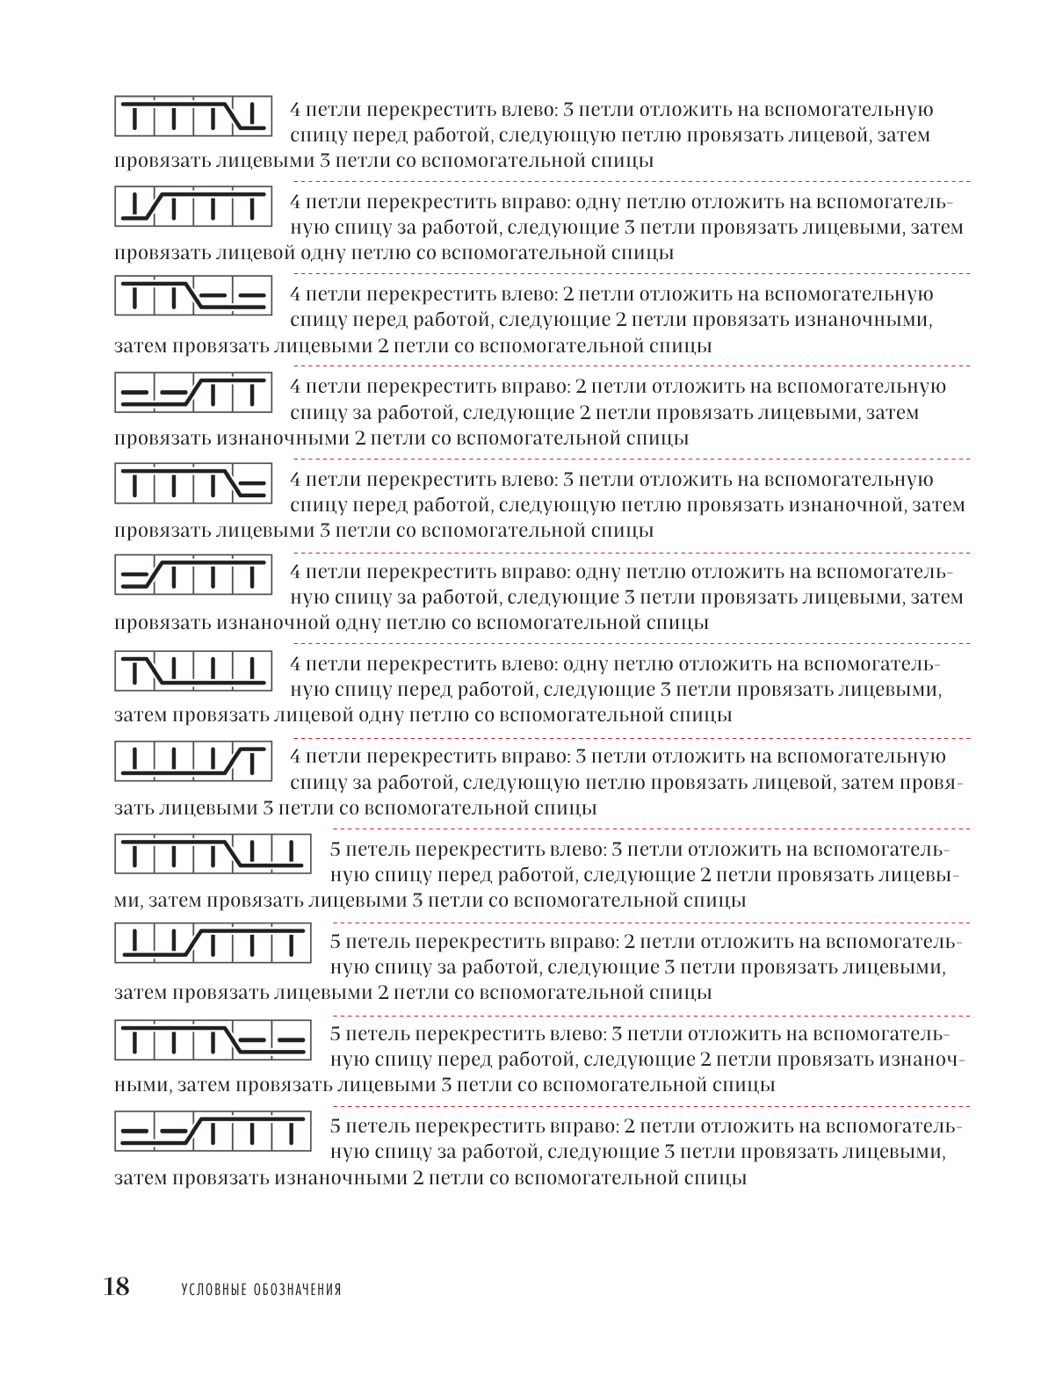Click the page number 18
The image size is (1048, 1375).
[x=116, y=1286]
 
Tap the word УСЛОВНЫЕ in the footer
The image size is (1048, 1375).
[x=212, y=1290]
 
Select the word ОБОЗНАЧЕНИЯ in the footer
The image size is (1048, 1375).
[x=298, y=1290]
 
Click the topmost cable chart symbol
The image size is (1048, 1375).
[x=192, y=115]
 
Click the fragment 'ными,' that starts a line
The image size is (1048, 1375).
[x=141, y=1084]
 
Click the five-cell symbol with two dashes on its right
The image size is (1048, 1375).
[x=213, y=1038]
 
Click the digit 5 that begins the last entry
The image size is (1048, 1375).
[x=336, y=1126]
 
